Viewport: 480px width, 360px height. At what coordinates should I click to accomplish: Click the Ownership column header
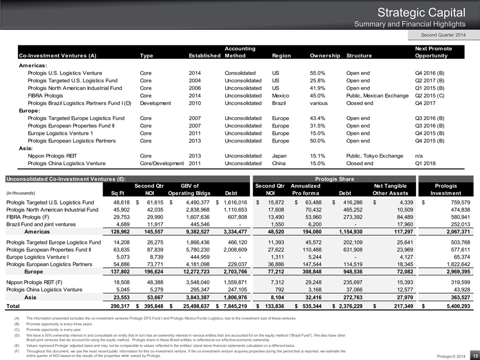click(x=325, y=56)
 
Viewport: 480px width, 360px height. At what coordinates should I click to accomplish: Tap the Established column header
click(x=205, y=56)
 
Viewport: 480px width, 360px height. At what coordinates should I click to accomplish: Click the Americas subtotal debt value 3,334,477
click(x=234, y=232)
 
